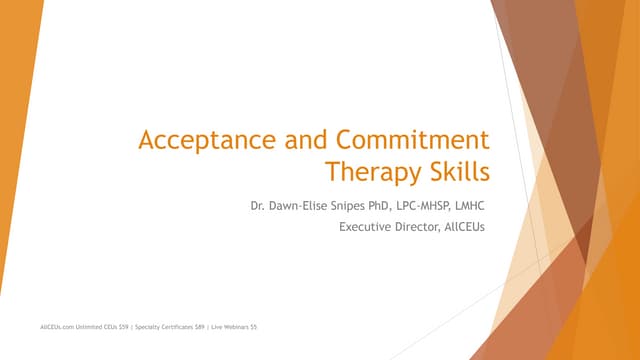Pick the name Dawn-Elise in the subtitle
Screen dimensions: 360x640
[x=313, y=206]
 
